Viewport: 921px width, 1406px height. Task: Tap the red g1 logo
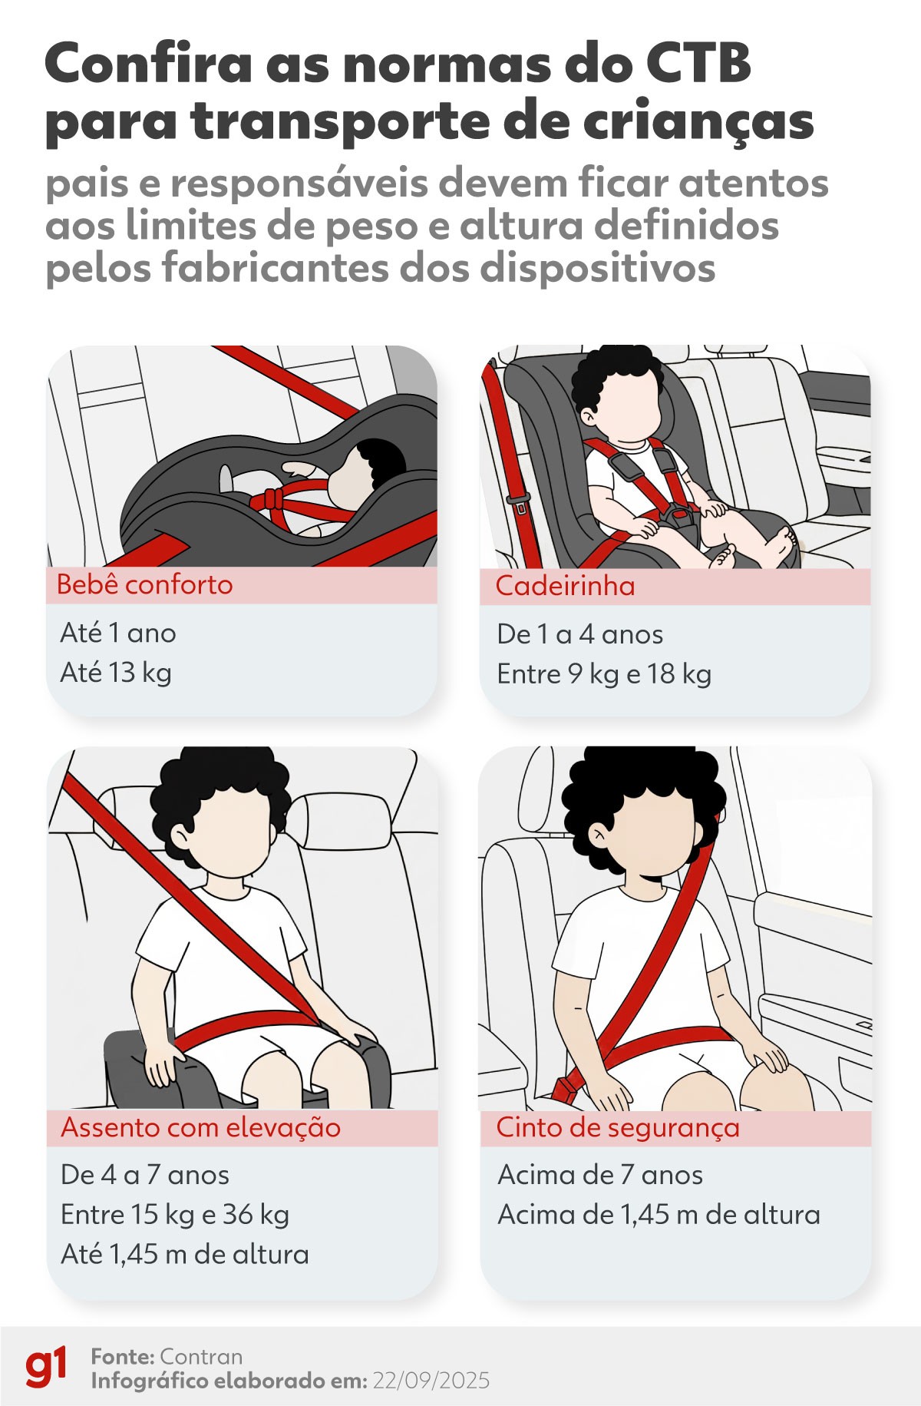pos(46,1366)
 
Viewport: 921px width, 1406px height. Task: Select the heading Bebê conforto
pos(144,585)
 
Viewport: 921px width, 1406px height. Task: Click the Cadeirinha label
pos(565,587)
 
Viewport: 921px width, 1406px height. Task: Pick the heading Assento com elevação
pos(200,1128)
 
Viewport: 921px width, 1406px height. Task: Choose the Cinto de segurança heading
pos(617,1127)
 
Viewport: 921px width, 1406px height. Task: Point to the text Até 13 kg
pos(116,673)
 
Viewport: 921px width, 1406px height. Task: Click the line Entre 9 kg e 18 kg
pos(604,674)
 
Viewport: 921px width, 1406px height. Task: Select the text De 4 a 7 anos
pos(144,1175)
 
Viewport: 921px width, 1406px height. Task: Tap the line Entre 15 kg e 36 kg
pos(175,1215)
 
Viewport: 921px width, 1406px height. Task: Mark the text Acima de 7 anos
pos(599,1175)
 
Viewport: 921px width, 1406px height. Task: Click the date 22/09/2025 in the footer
pos(431,1381)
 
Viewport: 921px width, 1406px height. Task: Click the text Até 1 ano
pos(118,634)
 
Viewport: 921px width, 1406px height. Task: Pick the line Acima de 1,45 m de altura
pos(659,1215)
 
